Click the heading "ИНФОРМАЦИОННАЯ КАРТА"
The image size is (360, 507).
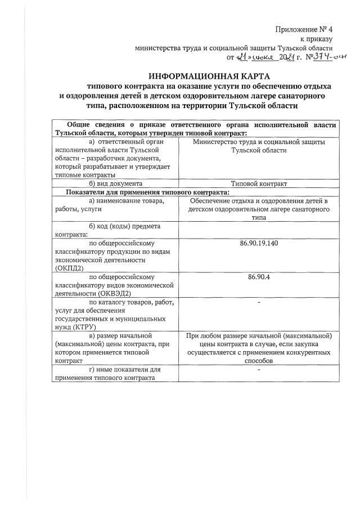(209, 76)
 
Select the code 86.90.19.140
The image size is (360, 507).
(259, 243)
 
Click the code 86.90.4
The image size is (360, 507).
(259, 277)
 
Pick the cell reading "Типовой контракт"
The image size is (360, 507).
(259, 183)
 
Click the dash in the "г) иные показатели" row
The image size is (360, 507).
(259, 370)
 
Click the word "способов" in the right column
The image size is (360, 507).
(259, 361)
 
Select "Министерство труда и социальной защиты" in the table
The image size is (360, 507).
(259, 142)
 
